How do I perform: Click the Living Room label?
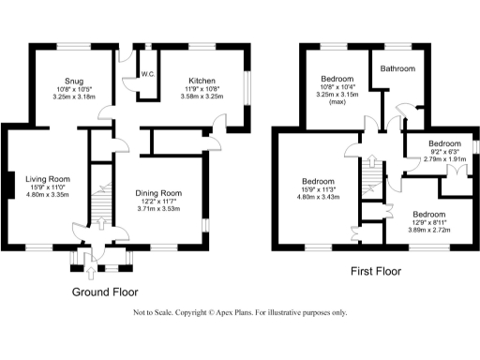coord(48,178)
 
